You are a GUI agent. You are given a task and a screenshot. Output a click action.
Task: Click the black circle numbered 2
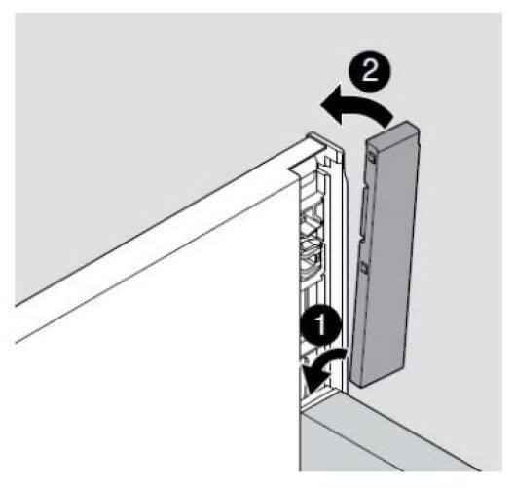tap(370, 71)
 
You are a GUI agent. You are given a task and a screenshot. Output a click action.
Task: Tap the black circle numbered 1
tap(320, 325)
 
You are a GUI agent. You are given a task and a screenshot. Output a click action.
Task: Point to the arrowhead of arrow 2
tap(332, 107)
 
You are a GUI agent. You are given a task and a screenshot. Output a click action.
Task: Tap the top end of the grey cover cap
tap(392, 131)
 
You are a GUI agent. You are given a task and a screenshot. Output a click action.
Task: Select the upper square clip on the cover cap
tap(372, 156)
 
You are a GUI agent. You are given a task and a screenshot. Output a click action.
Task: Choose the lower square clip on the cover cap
tap(363, 267)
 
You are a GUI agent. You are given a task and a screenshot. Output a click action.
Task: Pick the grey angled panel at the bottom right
tap(378, 440)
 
